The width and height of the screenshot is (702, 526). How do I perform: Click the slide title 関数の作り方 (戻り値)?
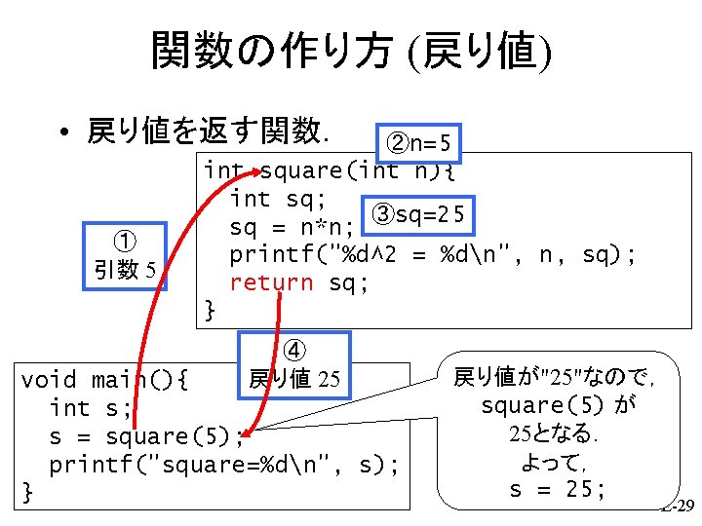tap(351, 51)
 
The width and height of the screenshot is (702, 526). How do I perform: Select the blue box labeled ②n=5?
tap(417, 144)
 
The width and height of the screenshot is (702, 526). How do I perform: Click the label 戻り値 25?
tap(293, 378)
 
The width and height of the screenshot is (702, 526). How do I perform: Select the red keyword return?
tap(271, 282)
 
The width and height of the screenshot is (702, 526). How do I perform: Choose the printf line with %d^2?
tap(434, 255)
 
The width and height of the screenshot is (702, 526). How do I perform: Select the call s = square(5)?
tap(145, 435)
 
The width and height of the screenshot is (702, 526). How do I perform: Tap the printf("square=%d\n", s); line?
tap(224, 465)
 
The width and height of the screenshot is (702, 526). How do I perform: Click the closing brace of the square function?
tap(210, 310)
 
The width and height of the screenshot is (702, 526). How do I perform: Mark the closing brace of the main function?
tap(28, 492)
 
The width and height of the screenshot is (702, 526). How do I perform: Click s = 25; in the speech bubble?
tap(557, 488)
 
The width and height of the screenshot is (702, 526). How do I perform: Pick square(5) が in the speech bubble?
tap(558, 404)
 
